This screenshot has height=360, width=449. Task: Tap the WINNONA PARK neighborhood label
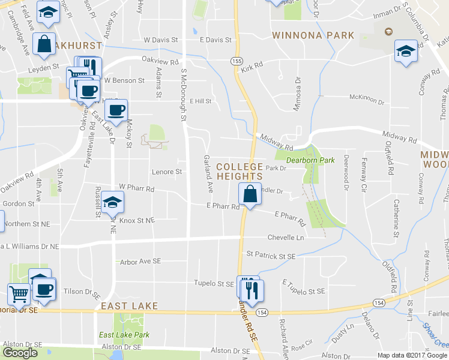[x=313, y=35]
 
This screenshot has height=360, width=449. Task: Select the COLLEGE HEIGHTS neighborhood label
[x=239, y=171]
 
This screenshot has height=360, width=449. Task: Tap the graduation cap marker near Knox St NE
[x=112, y=202]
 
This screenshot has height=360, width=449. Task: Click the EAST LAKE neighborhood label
[x=129, y=306]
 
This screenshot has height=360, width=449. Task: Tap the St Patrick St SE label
[x=271, y=256]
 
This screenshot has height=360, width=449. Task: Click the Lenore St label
[x=166, y=172]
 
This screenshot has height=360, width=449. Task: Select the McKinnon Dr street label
[x=367, y=97]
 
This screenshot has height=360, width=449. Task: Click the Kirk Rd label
[x=252, y=68]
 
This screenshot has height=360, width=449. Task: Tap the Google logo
[x=20, y=353]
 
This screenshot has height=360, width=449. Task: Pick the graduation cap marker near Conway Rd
[x=406, y=51]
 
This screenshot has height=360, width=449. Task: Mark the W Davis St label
[x=161, y=40]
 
